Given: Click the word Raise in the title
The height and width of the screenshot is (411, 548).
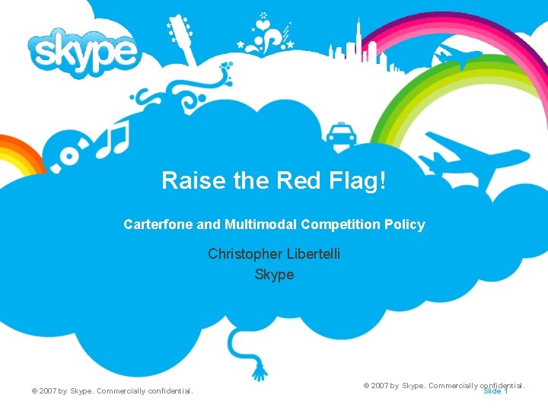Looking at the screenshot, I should (183, 181).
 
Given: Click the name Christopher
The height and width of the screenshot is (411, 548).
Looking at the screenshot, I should (242, 253).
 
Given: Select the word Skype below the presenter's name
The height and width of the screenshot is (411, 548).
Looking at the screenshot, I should (274, 274).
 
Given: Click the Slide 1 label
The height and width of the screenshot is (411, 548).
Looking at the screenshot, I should (495, 391).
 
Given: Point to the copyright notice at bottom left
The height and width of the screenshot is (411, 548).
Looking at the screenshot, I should (113, 391).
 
